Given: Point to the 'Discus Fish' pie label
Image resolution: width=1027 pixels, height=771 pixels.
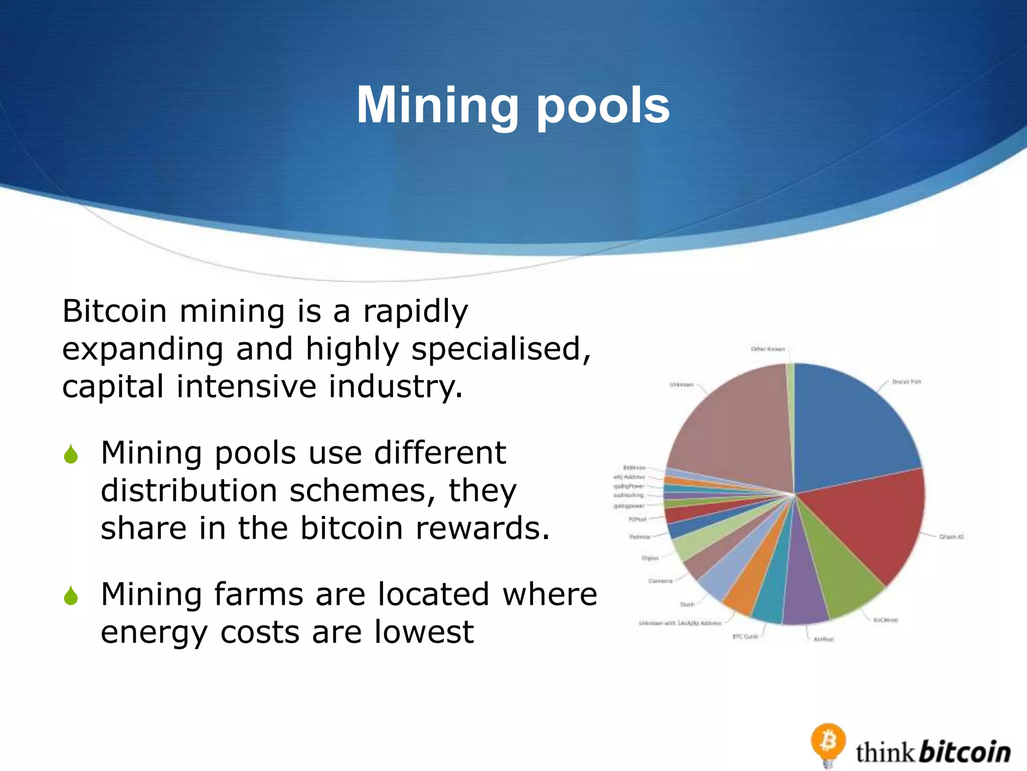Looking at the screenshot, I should [x=907, y=382].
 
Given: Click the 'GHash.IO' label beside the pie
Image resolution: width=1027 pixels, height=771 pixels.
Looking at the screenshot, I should [x=951, y=537].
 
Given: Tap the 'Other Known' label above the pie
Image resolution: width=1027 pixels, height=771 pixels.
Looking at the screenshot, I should [x=767, y=349].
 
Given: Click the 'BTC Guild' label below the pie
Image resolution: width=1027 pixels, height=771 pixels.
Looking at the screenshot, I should [x=745, y=636].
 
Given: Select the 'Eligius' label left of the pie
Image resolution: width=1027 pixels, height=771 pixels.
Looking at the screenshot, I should [x=650, y=558].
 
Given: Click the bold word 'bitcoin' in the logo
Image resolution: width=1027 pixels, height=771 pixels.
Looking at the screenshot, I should [x=965, y=752].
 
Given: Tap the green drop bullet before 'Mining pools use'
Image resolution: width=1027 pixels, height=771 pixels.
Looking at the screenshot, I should [x=71, y=454].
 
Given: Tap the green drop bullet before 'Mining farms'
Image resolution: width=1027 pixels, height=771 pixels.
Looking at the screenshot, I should [x=71, y=596].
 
